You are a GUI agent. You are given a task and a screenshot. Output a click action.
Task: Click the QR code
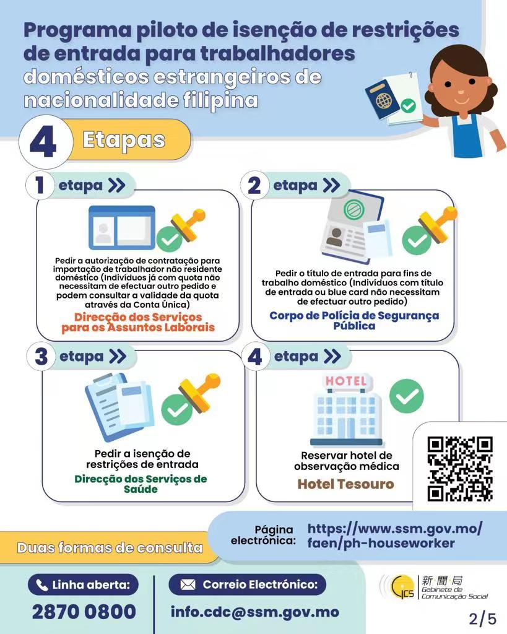[x=460, y=469]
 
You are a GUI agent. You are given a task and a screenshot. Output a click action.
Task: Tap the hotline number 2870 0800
[x=84, y=611]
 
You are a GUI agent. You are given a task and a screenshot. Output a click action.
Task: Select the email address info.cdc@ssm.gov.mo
[x=254, y=612]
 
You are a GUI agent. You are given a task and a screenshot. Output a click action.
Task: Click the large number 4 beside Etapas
[x=43, y=143]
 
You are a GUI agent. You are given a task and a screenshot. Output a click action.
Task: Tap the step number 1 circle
[x=40, y=186]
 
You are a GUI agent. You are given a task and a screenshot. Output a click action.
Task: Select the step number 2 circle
[x=254, y=186]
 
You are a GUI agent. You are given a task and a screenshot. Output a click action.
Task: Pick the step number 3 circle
[x=41, y=357]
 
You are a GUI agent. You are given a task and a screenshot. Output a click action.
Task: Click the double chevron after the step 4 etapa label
[x=332, y=356]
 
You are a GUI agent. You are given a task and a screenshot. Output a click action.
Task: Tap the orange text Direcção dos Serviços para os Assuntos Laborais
[x=138, y=322]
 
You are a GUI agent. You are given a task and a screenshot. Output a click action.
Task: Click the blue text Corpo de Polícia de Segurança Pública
[x=354, y=321]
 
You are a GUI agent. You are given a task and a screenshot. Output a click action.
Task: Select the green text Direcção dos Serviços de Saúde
[x=141, y=484]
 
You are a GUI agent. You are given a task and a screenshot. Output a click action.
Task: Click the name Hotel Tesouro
[x=345, y=484]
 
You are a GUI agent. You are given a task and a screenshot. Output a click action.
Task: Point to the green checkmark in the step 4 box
[x=407, y=396]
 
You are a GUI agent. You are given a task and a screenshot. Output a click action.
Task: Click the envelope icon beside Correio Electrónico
[x=188, y=584]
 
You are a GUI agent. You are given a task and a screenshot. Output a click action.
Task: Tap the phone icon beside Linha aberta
[x=42, y=585]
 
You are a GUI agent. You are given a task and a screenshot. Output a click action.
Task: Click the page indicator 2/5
[x=482, y=619]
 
